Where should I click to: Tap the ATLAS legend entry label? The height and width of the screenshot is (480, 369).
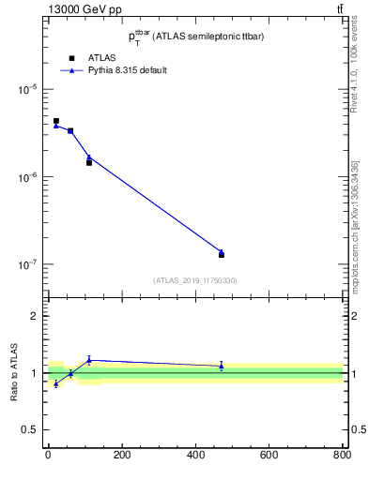pos(101,58)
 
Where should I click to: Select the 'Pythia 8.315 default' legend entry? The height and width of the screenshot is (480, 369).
pos(127,70)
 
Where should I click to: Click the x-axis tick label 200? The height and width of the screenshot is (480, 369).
pos(121,457)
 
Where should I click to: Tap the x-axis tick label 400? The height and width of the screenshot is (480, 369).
pos(195,457)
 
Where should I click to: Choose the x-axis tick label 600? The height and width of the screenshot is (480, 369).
pos(269,457)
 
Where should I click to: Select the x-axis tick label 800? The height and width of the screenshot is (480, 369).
pos(342,457)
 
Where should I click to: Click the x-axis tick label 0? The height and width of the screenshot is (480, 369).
pos(48,457)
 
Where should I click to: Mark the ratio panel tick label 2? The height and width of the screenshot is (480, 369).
pos(34,316)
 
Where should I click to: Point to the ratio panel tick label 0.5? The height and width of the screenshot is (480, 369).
pos(30,429)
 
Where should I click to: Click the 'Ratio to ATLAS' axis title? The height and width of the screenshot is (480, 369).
pos(13,373)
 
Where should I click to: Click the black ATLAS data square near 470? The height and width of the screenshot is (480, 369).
pos(221,254)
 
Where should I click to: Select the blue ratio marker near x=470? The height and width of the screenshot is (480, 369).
pos(221,366)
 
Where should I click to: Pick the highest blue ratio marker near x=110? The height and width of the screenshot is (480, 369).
pos(89,359)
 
